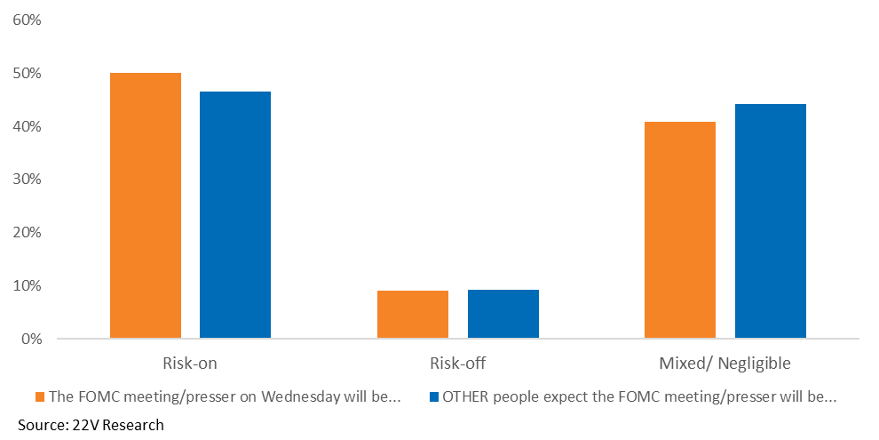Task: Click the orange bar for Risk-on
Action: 146,205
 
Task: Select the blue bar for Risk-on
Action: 235,214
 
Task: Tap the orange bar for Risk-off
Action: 413,315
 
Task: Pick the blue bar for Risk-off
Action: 503,314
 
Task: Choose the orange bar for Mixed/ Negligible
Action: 680,230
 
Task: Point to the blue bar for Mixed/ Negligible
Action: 771,221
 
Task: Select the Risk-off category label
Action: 457,363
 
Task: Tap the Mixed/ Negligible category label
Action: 725,363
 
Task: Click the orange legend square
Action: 39,396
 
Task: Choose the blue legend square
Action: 433,396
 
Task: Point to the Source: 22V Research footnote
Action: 91,425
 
